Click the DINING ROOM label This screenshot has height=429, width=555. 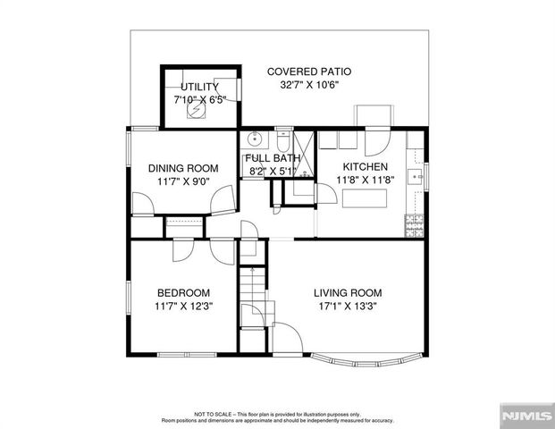pos(183,168)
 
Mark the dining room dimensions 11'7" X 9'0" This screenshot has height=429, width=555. pos(183,181)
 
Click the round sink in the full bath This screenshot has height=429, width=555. pos(254,139)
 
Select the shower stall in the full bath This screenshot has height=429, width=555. pos(305,152)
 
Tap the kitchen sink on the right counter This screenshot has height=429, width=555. pos(415,174)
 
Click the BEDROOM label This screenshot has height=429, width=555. pos(184,293)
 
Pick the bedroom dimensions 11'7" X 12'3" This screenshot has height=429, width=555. pos(184,307)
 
